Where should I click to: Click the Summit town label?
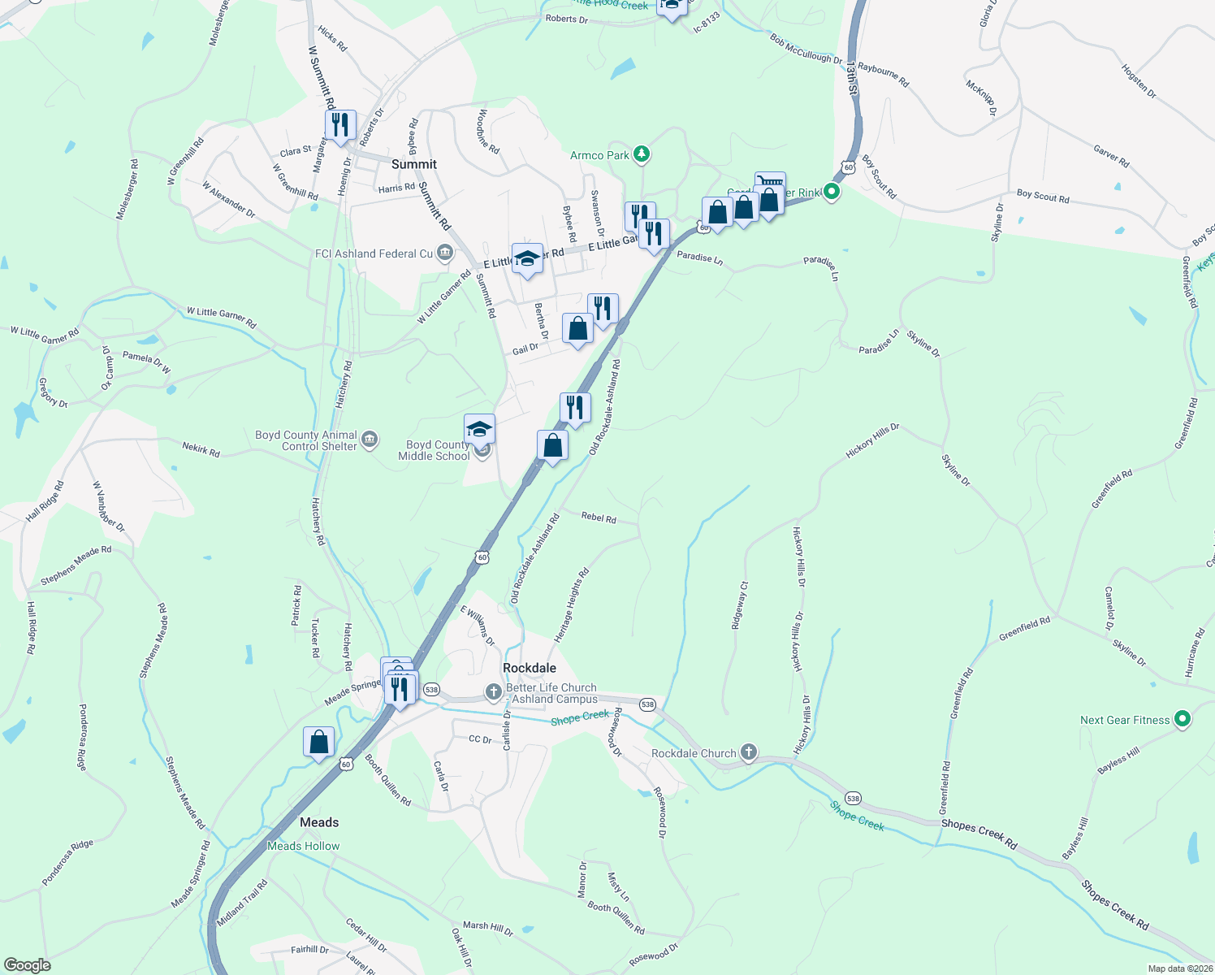[414, 164]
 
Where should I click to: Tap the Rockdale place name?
[530, 668]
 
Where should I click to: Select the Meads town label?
[319, 822]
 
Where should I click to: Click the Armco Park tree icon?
[642, 154]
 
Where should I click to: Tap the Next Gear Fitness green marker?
[1183, 719]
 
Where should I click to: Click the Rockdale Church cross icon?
[749, 752]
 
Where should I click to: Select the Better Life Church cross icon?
[493, 692]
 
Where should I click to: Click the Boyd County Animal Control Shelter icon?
[370, 440]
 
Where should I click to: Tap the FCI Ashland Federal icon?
[444, 253]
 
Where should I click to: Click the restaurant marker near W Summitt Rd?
[340, 125]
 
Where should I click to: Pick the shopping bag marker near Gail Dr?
[577, 329]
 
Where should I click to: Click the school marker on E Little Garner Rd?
[527, 259]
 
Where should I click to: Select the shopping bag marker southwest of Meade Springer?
[318, 742]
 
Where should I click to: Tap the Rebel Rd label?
[599, 518]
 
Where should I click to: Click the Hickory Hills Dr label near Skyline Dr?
[872, 440]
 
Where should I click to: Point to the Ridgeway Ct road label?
[739, 605]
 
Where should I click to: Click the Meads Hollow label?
[304, 846]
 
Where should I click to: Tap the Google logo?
[28, 964]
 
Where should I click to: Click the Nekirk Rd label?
[201, 449]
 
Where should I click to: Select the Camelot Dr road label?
[1109, 609]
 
